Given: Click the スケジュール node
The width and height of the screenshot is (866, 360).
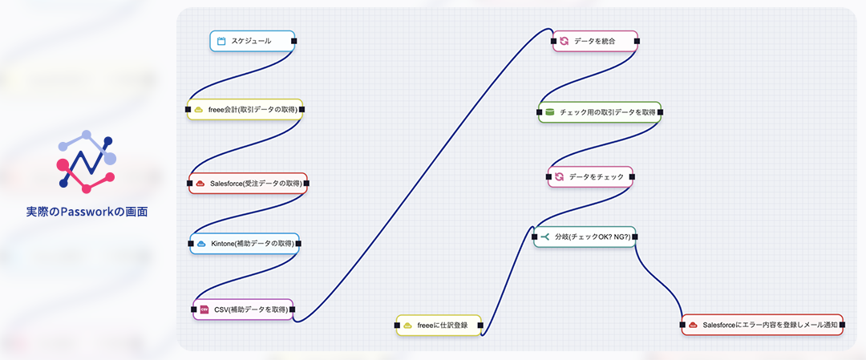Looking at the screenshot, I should (x=252, y=41).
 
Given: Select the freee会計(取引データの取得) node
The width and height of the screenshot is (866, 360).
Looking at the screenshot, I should (x=245, y=109).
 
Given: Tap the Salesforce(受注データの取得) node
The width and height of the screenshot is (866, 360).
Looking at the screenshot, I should (x=248, y=184).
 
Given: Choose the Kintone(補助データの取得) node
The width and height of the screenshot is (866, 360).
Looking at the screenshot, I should (x=245, y=244).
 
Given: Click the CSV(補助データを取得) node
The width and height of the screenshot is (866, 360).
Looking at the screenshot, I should (x=243, y=309).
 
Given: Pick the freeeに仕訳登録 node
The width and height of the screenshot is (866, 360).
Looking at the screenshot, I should (x=439, y=325).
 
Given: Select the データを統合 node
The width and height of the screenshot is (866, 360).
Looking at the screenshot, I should (x=595, y=41).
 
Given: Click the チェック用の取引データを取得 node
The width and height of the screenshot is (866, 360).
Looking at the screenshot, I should (x=600, y=112).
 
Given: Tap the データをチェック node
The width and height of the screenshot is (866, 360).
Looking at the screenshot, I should (x=590, y=176).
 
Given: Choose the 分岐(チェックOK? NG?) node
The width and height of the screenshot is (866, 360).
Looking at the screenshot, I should (x=585, y=237).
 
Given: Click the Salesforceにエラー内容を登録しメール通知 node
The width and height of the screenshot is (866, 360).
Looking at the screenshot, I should (x=762, y=325).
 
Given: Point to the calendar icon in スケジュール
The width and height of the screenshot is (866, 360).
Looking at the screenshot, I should (x=221, y=41).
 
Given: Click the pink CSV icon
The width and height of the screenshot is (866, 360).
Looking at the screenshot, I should (x=204, y=309).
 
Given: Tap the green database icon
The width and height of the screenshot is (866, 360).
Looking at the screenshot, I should (x=550, y=112).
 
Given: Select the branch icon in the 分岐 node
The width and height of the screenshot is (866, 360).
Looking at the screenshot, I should (x=545, y=237).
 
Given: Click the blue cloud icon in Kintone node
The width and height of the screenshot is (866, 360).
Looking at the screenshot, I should (x=201, y=244).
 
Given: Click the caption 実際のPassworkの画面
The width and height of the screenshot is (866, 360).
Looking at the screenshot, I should (x=87, y=212).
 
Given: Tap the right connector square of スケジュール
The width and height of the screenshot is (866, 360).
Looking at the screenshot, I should (x=294, y=41).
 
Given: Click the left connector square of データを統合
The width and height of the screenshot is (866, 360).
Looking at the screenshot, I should (x=553, y=41).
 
